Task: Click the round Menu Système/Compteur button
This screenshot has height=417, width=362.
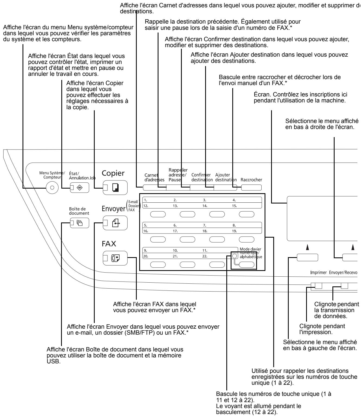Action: click(53, 188)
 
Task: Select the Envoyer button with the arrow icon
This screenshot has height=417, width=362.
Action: click(115, 224)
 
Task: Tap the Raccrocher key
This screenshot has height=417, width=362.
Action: click(251, 187)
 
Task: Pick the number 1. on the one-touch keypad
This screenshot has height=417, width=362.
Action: click(146, 200)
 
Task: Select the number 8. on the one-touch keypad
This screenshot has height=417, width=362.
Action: click(234, 225)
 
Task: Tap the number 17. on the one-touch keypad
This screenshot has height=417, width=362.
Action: click(175, 231)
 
